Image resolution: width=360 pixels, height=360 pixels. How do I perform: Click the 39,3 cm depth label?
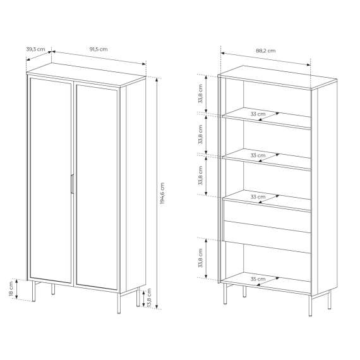point(35,49)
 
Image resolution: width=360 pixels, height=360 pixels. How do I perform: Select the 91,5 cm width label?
point(99,49)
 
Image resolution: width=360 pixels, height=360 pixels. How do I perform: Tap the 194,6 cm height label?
point(162,193)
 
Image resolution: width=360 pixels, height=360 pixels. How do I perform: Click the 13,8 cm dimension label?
point(149,298)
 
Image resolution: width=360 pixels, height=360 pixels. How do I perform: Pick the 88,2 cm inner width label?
point(266,51)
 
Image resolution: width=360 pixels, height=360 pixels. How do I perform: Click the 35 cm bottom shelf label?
point(258,279)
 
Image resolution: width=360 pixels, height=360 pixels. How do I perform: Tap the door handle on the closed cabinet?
point(72,184)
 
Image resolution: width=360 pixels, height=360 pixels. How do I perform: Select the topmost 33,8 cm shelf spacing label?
point(200,93)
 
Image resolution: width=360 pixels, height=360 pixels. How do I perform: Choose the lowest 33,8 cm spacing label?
point(200,258)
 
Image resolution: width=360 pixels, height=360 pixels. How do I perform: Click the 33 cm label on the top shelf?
point(258,114)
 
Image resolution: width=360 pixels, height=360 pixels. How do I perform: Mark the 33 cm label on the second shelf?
point(258,155)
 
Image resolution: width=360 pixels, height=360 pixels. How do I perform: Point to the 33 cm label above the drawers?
point(258,197)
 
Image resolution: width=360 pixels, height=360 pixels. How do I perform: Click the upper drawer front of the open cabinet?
point(267,216)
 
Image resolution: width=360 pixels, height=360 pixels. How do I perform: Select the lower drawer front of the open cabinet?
point(267,237)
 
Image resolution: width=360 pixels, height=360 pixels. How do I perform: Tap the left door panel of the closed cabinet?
point(51,181)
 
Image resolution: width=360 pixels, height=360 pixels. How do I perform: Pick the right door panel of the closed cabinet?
point(97,187)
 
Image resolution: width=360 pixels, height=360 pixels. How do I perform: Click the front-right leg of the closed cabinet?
point(119,303)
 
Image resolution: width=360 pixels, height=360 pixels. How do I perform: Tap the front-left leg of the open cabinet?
point(225,294)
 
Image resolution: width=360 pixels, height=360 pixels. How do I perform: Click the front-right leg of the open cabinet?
point(310,306)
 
